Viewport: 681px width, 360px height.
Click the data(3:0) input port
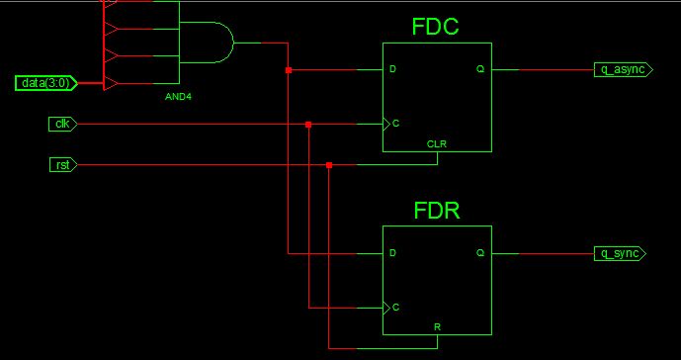point(46,83)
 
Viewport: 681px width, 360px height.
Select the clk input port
point(62,124)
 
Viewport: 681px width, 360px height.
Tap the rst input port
point(63,165)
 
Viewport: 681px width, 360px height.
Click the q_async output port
point(624,69)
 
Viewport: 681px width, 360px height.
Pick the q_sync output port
point(620,253)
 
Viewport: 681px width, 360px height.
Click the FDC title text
point(435,27)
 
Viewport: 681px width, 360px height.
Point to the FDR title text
point(437,211)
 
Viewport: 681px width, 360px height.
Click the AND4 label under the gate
point(178,97)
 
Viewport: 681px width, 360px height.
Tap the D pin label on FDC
point(392,69)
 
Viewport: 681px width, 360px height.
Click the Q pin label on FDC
point(480,69)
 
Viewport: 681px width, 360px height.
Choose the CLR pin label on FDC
point(437,144)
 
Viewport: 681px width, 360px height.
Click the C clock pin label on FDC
point(395,124)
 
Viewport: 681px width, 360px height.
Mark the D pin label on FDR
point(392,253)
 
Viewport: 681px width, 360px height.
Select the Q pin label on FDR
point(480,253)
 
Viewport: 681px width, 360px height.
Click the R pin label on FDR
point(437,327)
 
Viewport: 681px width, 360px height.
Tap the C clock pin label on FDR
point(395,308)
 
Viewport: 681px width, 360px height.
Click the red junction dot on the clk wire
point(308,125)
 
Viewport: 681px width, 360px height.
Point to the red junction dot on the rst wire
point(329,165)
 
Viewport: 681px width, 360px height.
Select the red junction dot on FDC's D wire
point(289,70)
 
